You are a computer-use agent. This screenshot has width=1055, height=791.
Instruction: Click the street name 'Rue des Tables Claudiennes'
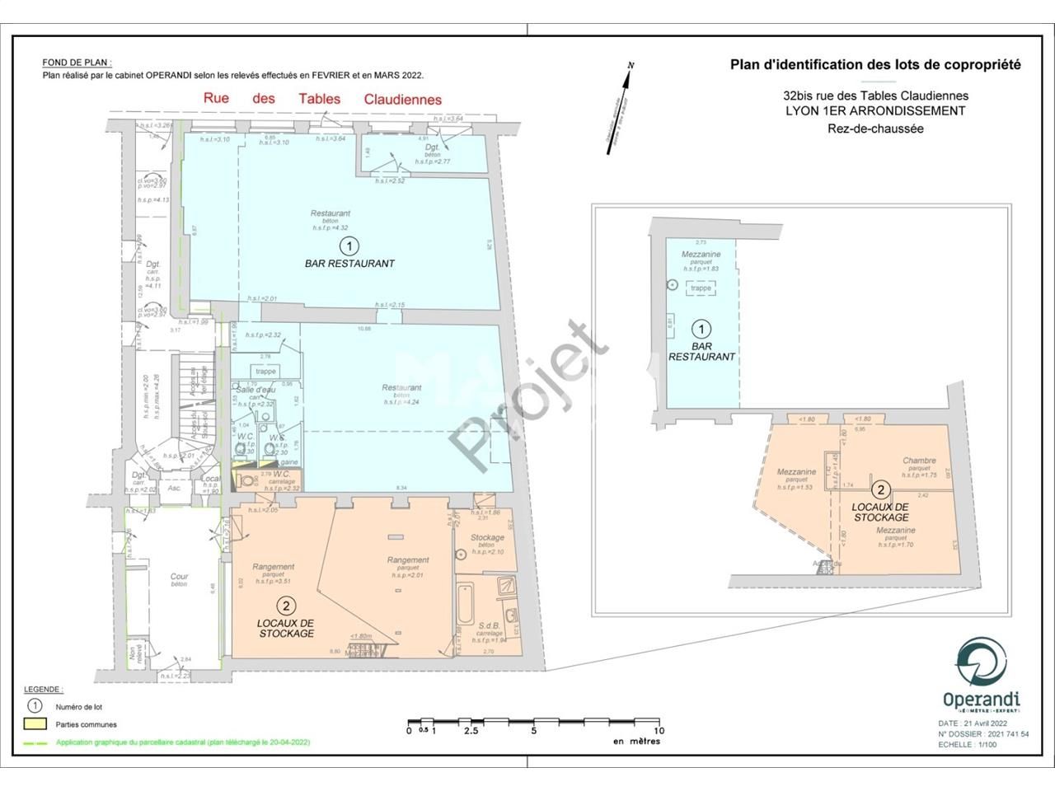[x=322, y=99]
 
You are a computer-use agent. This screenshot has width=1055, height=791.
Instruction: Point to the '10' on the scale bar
[x=658, y=730]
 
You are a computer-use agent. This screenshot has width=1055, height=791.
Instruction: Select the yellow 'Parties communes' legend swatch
[x=35, y=724]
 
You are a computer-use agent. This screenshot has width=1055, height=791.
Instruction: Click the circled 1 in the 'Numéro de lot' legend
[x=35, y=706]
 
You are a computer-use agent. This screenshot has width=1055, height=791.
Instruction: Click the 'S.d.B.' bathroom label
[x=490, y=625]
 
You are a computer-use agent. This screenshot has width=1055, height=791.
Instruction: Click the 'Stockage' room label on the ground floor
[x=487, y=538]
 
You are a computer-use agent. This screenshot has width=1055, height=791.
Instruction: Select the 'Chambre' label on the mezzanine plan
[x=919, y=461]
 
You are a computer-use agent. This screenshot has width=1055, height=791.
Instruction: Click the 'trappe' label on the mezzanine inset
[x=701, y=288]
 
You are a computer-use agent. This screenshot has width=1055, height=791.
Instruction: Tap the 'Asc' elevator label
[x=174, y=488]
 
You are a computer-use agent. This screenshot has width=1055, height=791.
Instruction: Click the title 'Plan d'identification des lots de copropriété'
[x=875, y=64]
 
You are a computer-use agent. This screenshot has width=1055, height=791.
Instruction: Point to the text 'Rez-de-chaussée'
[x=875, y=128]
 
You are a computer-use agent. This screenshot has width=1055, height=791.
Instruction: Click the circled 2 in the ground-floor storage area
[x=286, y=603]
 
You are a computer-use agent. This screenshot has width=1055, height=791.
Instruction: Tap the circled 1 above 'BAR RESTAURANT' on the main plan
[x=349, y=246]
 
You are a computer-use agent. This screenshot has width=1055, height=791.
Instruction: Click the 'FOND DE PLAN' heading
[x=77, y=63]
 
